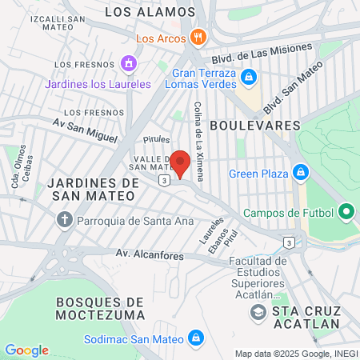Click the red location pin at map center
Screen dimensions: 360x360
pyautogui.click(x=181, y=162)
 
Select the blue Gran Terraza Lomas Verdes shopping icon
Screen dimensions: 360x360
pyautogui.click(x=249, y=77)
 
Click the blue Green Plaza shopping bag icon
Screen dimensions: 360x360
pyautogui.click(x=301, y=172)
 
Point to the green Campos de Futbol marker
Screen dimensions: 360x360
pyautogui.click(x=346, y=212)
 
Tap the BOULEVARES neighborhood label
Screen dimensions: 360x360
pyautogui.click(x=254, y=126)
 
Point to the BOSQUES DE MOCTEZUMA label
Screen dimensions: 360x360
pyautogui.click(x=101, y=308)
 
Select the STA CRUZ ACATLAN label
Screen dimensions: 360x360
pyautogui.click(x=307, y=317)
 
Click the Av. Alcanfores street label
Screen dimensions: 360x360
pyautogui.click(x=150, y=255)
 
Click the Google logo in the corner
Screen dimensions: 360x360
pyautogui.click(x=26, y=350)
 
